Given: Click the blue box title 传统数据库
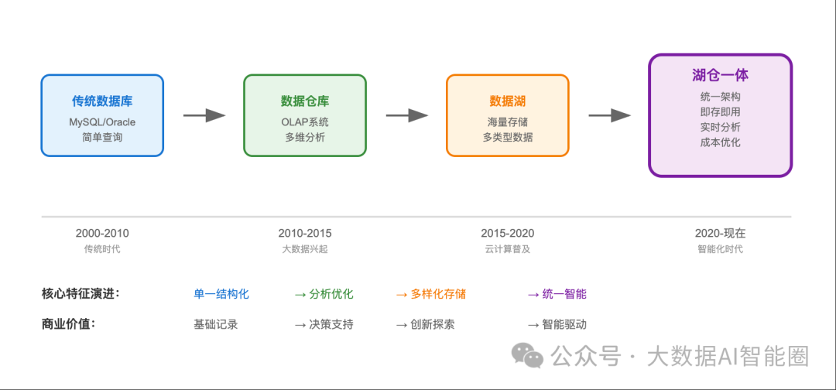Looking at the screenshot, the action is pos(102,101).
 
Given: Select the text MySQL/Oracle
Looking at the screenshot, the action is pos(102,122).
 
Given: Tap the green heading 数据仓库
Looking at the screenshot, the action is pos(305,101).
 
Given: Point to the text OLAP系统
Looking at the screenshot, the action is pos(305,122).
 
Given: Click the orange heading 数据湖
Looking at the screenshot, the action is pos(508,101).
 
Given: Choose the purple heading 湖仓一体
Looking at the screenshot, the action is pos(721,75).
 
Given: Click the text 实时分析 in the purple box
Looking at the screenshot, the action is pos(721,128).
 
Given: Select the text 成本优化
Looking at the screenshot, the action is pos(721,142).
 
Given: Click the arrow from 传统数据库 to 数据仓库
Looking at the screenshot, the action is pos(204,115).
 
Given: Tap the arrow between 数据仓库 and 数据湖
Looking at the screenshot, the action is pos(407,115).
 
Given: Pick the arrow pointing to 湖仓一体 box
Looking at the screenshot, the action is pos(609,115).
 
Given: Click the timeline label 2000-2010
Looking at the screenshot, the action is pos(102,234).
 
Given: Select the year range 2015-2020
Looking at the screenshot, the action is pos(508,234).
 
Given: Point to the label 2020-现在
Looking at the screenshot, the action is pos(721,234).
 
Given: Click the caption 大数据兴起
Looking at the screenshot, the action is pos(305,249).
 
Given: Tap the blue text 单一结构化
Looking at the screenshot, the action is pos(221,294).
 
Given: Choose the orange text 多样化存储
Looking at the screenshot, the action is pos(438,294).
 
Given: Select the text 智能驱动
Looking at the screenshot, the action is pos(564,324).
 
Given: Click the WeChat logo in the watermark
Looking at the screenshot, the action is pos(527,355).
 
